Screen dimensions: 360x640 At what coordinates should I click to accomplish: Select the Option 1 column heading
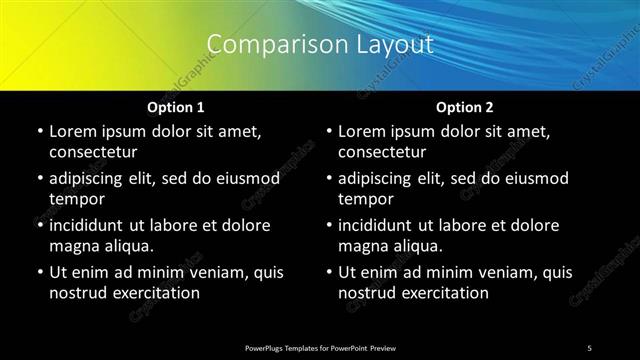pyautogui.click(x=176, y=107)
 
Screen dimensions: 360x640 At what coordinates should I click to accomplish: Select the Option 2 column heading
pyautogui.click(x=465, y=107)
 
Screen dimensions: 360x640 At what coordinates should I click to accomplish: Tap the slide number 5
pyautogui.click(x=589, y=347)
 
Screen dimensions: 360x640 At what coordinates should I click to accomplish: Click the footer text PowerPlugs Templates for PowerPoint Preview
pyautogui.click(x=320, y=347)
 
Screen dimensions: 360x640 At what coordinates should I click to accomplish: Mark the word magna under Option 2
pyautogui.click(x=363, y=246)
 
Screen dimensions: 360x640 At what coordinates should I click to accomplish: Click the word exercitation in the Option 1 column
pyautogui.click(x=156, y=293)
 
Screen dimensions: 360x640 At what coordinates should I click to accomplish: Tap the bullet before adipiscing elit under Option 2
pyautogui.click(x=329, y=179)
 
